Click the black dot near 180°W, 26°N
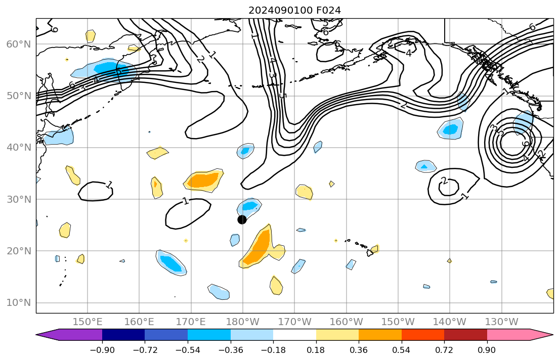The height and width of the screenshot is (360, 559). coord(242,219)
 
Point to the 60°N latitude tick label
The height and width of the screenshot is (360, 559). coord(18,44)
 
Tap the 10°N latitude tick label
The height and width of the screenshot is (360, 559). coord(18,303)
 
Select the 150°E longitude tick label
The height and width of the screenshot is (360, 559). coord(88,322)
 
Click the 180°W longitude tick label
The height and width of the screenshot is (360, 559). coord(242,322)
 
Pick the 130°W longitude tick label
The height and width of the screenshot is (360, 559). coord(501,322)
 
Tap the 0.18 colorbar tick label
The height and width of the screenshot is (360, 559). coord(316,349)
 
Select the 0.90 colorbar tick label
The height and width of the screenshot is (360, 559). coord(487,349)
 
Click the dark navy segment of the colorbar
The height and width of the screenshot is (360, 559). coord(123,335)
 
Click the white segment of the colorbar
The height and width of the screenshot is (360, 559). coord(294,335)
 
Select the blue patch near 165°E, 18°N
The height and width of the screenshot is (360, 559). coord(171,263)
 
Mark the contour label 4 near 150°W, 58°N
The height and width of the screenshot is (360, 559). coord(408,53)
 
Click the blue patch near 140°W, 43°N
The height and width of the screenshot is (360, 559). coord(450,129)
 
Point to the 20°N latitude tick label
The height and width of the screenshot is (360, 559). coord(18,251)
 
